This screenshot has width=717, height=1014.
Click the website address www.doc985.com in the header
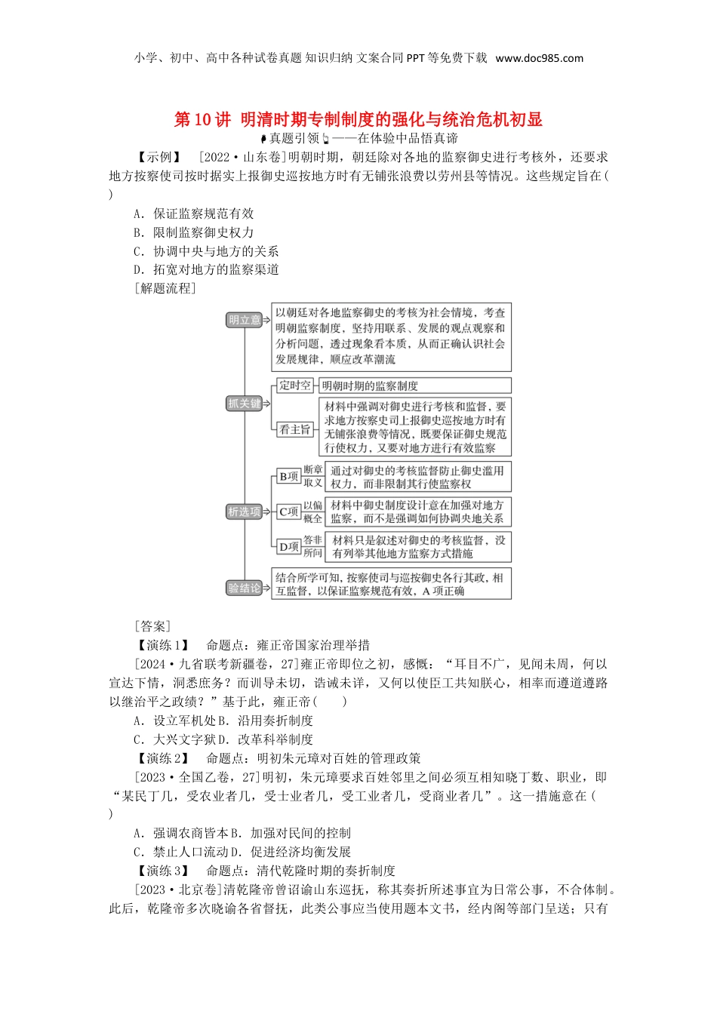(x=539, y=58)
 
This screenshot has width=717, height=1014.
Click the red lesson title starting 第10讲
(x=358, y=119)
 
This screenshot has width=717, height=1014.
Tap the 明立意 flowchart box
(x=245, y=320)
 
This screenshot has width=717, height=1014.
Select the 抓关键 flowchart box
(x=245, y=404)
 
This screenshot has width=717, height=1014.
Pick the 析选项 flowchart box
(x=245, y=512)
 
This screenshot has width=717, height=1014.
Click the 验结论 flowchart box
(x=245, y=588)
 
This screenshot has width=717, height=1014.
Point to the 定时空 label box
(x=294, y=386)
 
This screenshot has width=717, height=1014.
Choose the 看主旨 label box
(x=294, y=429)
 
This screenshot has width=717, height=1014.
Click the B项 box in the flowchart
(x=288, y=477)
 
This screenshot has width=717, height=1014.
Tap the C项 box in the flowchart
(x=288, y=512)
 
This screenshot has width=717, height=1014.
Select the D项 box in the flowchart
(x=288, y=547)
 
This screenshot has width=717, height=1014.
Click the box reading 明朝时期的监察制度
(x=370, y=386)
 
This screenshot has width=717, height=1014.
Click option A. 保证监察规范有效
(x=194, y=214)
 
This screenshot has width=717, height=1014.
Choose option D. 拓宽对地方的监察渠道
(x=206, y=269)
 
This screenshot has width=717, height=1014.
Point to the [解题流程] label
(x=165, y=288)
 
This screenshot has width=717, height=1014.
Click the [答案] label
(x=152, y=626)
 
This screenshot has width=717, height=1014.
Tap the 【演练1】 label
(x=162, y=645)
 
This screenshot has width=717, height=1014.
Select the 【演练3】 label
(x=162, y=871)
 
